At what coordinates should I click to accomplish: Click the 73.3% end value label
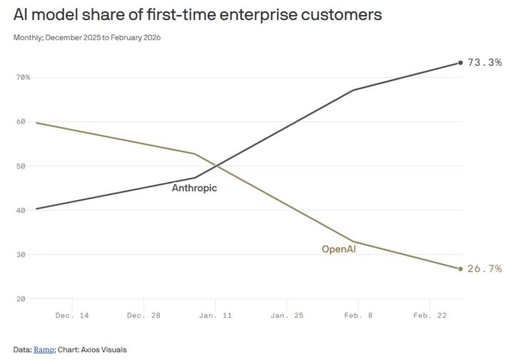click(x=485, y=62)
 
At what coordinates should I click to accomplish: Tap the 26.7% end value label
click(x=485, y=269)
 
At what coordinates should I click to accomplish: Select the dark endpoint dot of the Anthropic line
click(x=460, y=63)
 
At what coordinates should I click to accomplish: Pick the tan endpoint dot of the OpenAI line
click(x=460, y=269)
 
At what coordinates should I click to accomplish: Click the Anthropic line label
click(x=194, y=188)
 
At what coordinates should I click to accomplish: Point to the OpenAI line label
click(x=338, y=249)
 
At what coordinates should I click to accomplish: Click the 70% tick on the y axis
click(x=23, y=77)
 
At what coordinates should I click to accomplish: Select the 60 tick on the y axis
click(x=21, y=121)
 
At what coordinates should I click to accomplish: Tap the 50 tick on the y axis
click(x=21, y=166)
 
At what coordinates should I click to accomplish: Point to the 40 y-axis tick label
click(x=21, y=211)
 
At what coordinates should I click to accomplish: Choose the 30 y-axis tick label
click(x=21, y=255)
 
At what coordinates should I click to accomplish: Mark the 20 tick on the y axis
click(x=21, y=299)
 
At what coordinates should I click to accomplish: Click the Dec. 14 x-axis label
click(x=72, y=316)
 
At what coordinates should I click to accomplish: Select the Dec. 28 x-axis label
click(x=143, y=316)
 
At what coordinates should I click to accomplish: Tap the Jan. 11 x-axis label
click(x=216, y=316)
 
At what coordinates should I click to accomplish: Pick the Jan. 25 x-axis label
click(x=287, y=316)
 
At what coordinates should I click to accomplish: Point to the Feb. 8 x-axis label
click(x=358, y=316)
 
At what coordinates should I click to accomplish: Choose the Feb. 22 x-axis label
click(x=430, y=316)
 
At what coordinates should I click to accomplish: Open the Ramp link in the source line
click(x=44, y=350)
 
